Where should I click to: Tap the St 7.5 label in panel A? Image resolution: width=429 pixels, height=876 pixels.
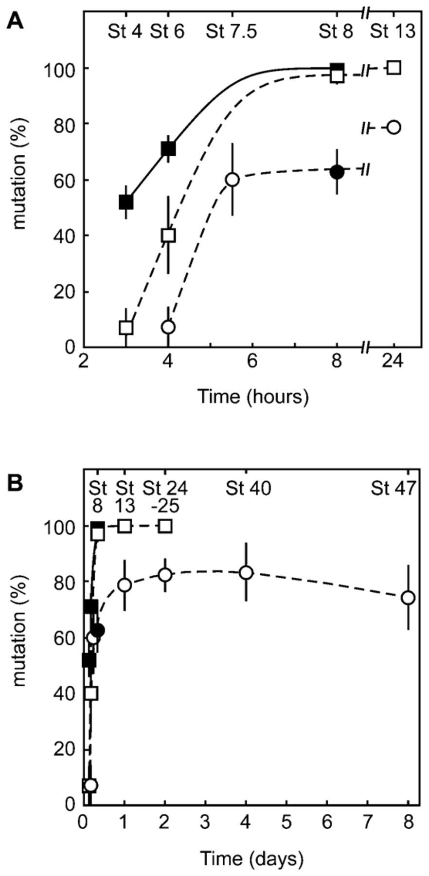click(231, 32)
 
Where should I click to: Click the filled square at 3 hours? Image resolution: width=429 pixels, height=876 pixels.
click(126, 202)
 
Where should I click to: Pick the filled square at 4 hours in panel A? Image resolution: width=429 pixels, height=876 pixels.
click(168, 148)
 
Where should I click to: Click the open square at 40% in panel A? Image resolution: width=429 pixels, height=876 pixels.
click(168, 236)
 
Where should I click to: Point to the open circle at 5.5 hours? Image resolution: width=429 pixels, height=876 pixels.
click(232, 179)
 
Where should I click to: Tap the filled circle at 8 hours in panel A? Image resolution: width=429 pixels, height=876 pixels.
click(337, 172)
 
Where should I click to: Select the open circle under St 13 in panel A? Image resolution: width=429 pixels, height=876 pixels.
click(394, 128)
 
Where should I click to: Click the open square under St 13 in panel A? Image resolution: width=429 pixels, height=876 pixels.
click(394, 68)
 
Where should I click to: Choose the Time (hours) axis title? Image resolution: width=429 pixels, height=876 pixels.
click(253, 397)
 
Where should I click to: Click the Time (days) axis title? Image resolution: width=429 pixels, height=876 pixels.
click(252, 859)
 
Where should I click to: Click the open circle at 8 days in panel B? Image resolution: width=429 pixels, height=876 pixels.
click(408, 598)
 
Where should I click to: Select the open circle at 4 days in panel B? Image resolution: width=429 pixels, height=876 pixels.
click(247, 572)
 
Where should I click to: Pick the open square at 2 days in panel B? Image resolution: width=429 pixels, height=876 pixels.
click(165, 526)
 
